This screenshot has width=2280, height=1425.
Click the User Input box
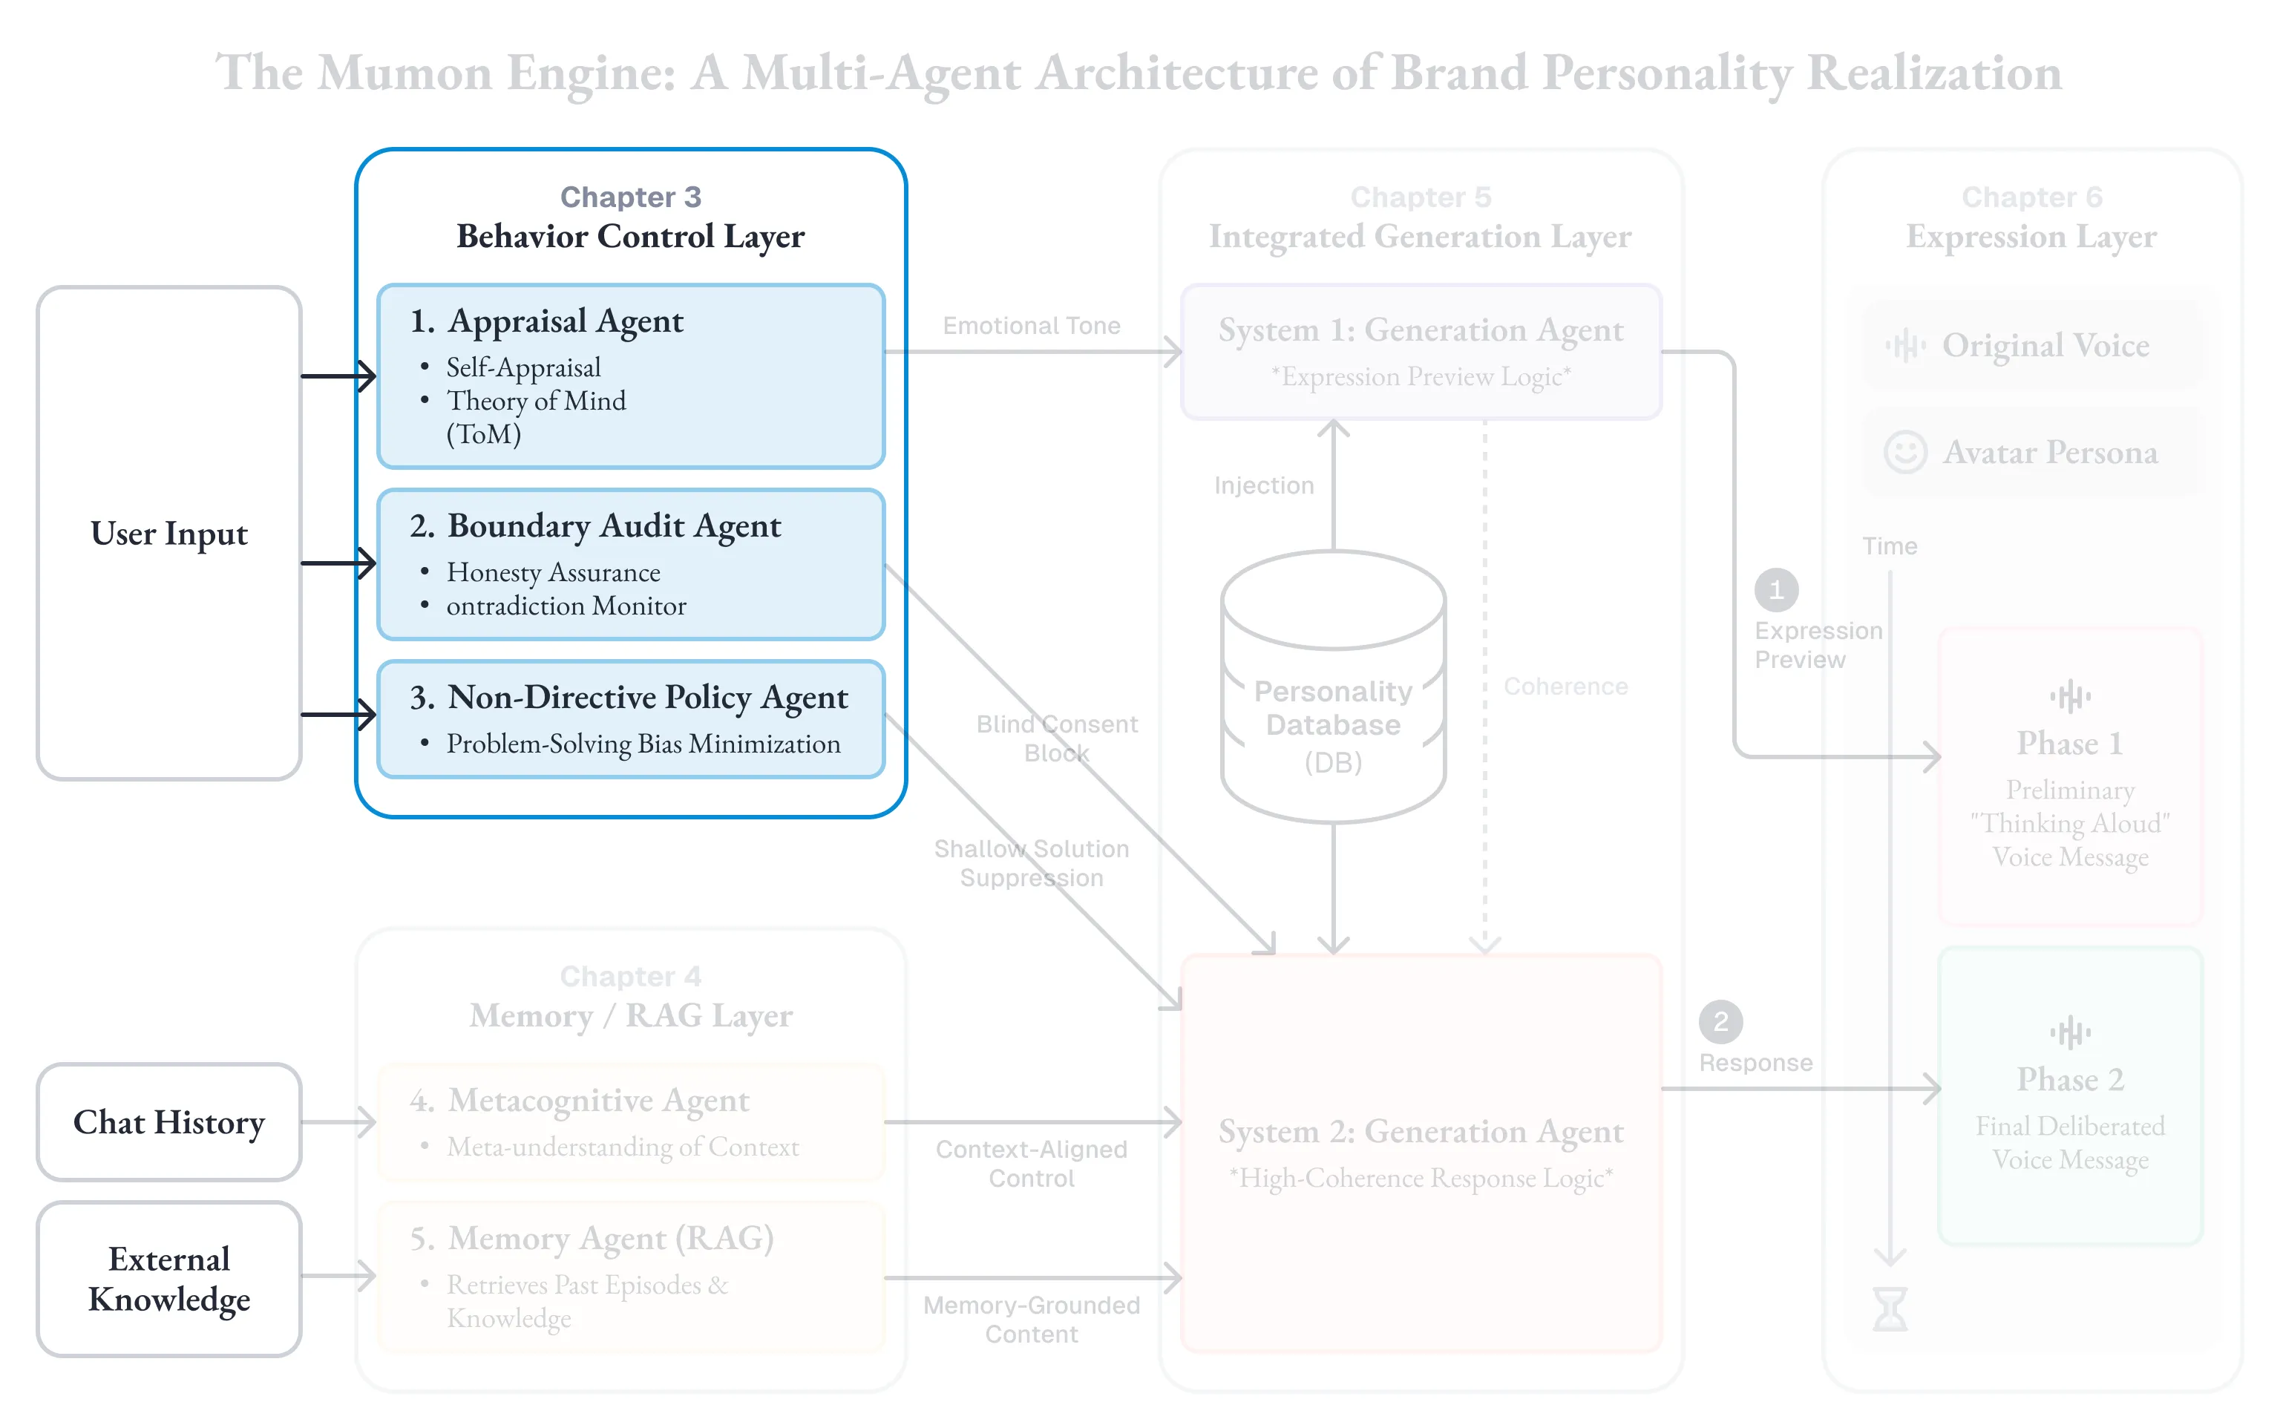point(169,534)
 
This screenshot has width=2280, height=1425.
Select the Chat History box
point(169,1121)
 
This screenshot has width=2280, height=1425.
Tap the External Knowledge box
point(169,1278)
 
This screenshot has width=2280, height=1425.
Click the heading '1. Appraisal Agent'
point(546,321)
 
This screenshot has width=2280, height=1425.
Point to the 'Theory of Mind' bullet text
point(536,402)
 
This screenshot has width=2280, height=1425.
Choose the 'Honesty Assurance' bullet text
point(553,572)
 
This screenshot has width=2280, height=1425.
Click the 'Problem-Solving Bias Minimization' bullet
point(643,744)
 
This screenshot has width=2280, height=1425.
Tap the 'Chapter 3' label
point(630,197)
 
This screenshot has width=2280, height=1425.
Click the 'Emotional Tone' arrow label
point(1032,326)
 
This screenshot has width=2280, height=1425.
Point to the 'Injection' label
point(1263,485)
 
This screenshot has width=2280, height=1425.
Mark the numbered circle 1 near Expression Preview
point(1776,591)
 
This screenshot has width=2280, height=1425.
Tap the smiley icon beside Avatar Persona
point(1905,453)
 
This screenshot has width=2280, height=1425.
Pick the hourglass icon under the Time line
point(1890,1309)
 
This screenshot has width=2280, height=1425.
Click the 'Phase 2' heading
point(2070,1079)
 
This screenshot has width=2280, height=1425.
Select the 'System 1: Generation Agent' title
point(1421,331)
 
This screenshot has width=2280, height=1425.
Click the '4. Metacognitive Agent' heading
point(580,1100)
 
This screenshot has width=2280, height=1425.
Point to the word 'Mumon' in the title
point(405,73)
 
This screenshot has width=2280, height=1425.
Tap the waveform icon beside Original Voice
point(1905,346)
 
